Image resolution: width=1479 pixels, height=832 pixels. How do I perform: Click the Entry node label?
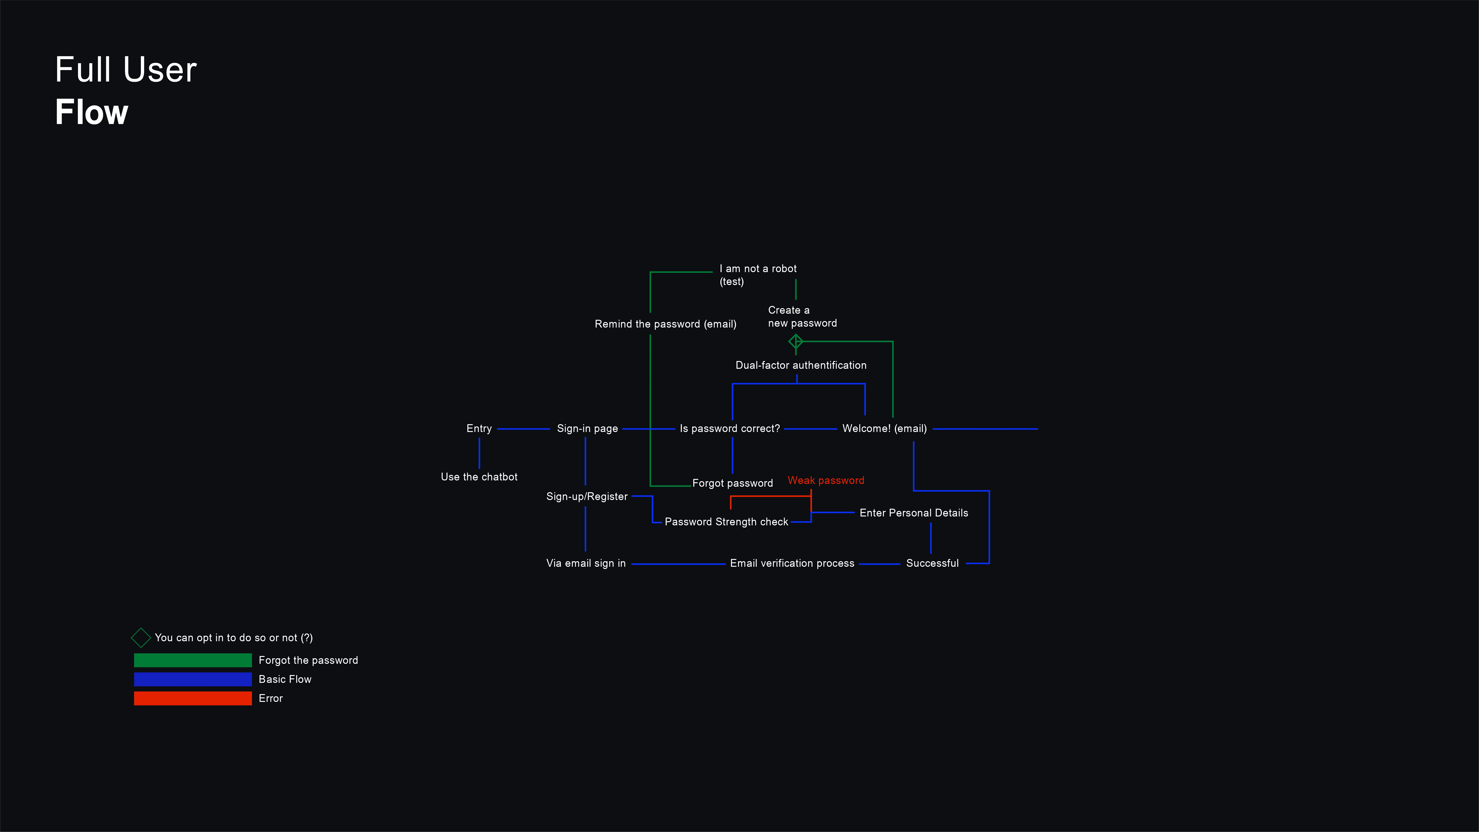[479, 428]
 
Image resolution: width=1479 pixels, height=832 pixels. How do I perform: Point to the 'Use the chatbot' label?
[479, 477]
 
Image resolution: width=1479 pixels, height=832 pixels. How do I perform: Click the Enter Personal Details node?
[914, 513]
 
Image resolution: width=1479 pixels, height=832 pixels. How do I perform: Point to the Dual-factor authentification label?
[801, 365]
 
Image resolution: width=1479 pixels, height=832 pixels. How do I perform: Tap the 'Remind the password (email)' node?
[665, 324]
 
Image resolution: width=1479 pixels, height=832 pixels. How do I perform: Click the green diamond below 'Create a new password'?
[796, 342]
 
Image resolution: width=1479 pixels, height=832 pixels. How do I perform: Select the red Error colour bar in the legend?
[193, 698]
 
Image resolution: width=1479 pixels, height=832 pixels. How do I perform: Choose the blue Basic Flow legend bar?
[193, 679]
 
